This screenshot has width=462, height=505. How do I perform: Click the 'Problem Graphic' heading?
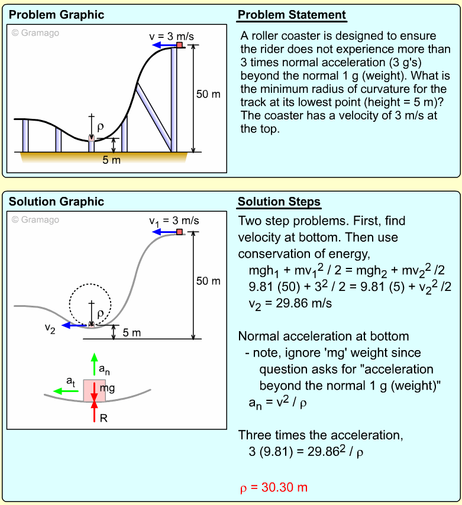(x=56, y=15)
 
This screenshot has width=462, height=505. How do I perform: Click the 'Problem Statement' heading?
(x=292, y=15)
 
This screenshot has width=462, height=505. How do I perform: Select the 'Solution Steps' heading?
(x=279, y=202)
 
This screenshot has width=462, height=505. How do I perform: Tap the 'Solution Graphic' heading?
(x=56, y=202)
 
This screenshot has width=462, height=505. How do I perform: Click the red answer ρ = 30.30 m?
(x=273, y=488)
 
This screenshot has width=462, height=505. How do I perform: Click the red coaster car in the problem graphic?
(x=179, y=45)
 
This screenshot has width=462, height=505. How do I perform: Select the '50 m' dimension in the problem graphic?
(x=208, y=94)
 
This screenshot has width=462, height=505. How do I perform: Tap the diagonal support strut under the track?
(x=154, y=115)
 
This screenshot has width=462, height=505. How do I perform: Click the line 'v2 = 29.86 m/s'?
(x=290, y=303)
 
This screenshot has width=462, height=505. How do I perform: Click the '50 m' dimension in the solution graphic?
(x=208, y=281)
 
